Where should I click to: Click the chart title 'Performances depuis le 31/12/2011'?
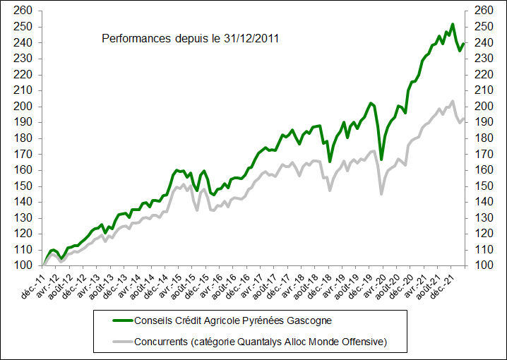coord(190,38)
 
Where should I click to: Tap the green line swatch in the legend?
coord(126,320)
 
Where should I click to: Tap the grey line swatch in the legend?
coord(126,342)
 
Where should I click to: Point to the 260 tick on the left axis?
coord(23,11)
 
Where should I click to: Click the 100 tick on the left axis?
coord(23,265)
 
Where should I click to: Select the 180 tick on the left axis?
coord(23,138)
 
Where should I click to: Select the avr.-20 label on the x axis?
coord(384,281)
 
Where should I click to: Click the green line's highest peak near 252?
coord(452,24)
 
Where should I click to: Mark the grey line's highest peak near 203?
coord(452,101)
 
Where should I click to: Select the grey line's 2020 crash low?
coord(381,194)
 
